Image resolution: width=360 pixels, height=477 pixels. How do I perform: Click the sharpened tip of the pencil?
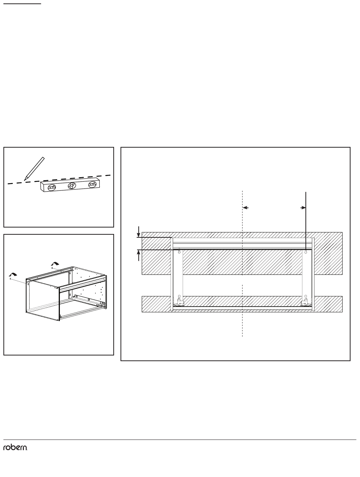[24, 180]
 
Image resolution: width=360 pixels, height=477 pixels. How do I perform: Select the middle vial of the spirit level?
[72, 186]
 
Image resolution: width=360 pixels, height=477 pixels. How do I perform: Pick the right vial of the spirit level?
[92, 184]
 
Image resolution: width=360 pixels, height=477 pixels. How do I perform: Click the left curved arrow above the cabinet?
[13, 274]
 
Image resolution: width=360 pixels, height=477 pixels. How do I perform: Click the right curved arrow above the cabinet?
[55, 264]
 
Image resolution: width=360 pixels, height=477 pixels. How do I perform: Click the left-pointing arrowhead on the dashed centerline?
[246, 207]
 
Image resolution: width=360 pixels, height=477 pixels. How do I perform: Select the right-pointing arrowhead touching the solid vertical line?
[303, 208]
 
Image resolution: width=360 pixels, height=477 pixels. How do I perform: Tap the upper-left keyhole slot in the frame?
[179, 251]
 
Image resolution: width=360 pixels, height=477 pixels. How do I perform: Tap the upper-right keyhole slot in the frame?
[305, 251]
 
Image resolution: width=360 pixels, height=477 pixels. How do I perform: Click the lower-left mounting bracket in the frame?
[179, 302]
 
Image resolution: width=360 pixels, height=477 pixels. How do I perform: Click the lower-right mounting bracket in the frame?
[305, 302]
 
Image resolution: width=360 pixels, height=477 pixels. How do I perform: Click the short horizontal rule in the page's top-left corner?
[22, 4]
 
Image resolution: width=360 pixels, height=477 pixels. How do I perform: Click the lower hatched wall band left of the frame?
[156, 304]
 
